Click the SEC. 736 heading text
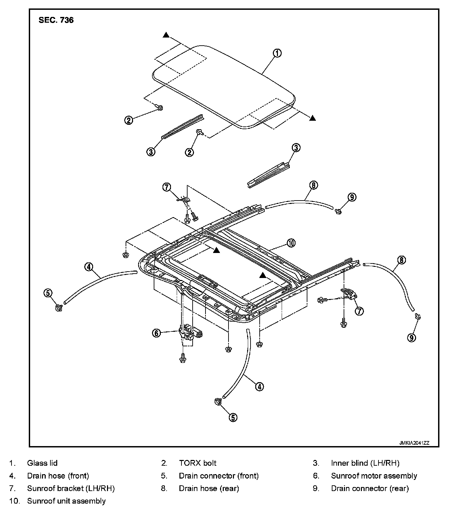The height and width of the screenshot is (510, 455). tap(56, 20)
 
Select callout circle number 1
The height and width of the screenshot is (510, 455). tap(277, 53)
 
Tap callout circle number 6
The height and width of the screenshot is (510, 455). tap(156, 333)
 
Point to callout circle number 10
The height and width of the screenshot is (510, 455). tap(291, 243)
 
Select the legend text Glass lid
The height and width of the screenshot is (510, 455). tap(42, 463)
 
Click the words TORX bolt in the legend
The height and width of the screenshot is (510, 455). tap(198, 463)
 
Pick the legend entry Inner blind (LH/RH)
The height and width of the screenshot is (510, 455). tap(365, 463)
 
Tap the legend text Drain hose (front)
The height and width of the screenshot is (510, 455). tap(58, 476)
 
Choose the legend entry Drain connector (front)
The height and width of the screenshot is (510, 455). tap(219, 476)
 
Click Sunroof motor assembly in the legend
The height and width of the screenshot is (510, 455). tap(374, 476)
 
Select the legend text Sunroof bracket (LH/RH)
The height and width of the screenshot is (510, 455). tap(71, 488)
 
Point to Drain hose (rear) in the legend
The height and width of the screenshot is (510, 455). tap(209, 488)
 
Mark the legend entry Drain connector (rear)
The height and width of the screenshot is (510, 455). tap(370, 488)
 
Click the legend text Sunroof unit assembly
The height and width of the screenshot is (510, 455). tap(66, 501)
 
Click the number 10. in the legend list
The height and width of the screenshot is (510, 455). tap(14, 501)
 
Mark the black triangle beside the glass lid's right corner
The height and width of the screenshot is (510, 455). tap(312, 118)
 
